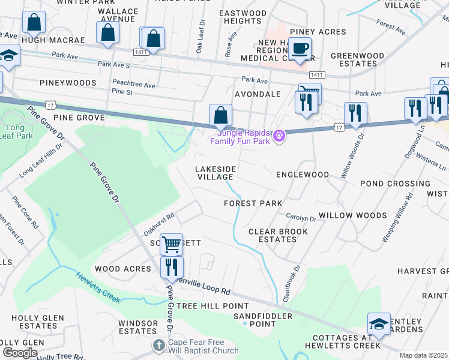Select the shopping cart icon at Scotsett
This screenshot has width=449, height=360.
[172, 244]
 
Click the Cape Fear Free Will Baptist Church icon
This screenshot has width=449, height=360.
[158, 345]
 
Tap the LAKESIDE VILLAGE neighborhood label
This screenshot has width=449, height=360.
[215, 173]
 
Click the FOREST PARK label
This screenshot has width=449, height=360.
[253, 203]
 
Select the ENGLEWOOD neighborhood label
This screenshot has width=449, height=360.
[302, 175]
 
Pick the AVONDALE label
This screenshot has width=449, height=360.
[258, 94]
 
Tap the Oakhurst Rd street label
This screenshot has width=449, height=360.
[159, 224]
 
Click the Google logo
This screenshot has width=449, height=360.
[20, 353]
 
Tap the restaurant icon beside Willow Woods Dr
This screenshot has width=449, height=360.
[355, 114]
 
